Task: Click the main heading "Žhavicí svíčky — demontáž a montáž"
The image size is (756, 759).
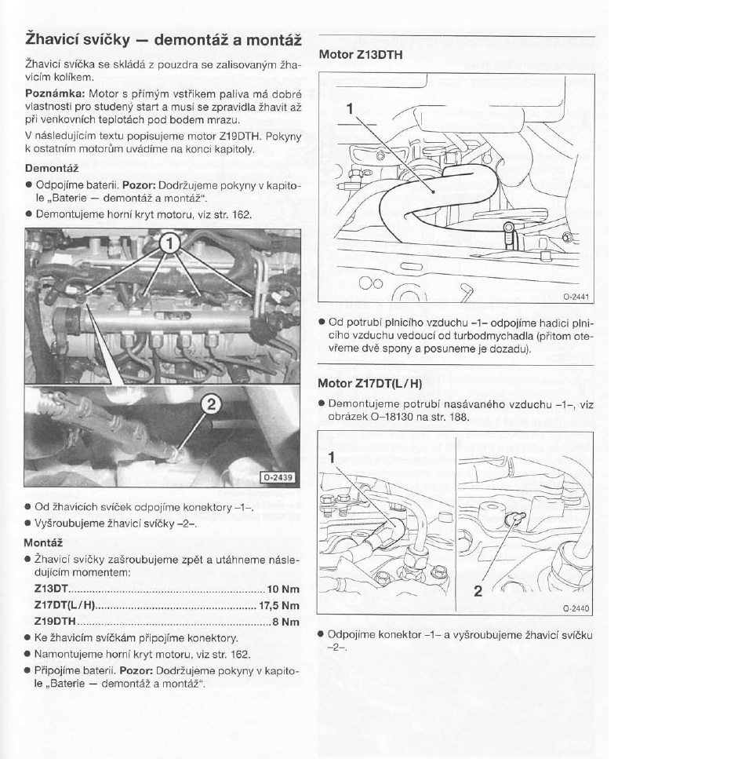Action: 163,38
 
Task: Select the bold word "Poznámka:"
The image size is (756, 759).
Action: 50,93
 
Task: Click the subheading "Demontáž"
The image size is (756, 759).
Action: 51,167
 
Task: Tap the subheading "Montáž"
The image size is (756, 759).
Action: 43,542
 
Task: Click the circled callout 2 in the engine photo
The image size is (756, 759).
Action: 210,405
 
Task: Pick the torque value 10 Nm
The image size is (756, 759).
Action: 283,588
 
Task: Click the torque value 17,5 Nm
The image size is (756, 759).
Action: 279,605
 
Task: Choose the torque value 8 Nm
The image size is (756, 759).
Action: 286,622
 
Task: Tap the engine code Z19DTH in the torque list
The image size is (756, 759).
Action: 56,622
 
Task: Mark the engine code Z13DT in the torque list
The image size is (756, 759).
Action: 52,588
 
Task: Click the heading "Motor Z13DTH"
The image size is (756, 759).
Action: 360,55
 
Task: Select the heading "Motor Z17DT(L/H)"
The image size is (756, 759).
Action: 369,384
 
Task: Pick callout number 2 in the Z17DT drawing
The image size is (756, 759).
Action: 478,591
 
